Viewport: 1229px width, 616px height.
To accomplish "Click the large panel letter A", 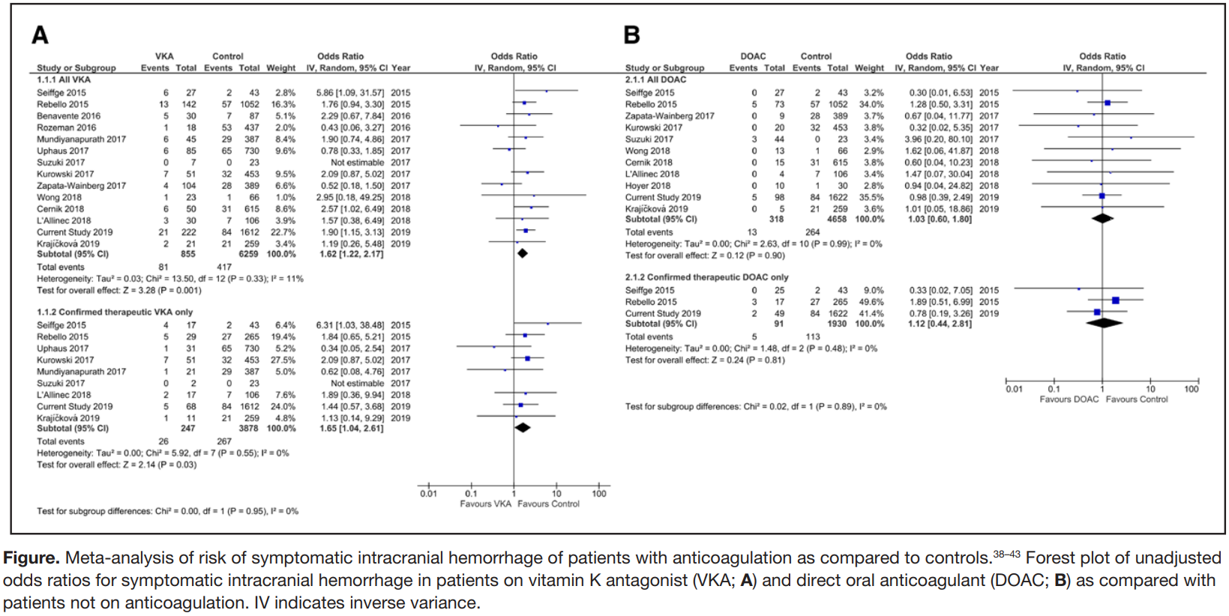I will [40, 34].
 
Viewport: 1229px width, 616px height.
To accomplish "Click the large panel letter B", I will [632, 34].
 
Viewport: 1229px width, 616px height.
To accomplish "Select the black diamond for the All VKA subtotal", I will [523, 253].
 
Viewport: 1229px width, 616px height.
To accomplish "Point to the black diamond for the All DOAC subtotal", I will [1102, 219].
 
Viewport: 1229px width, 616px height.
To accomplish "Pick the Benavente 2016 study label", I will [68, 116].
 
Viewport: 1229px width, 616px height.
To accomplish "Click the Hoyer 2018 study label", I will [648, 186].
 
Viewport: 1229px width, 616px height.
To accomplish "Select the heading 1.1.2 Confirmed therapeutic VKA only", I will [115, 312].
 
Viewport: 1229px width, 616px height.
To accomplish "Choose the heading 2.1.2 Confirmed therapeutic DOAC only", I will [706, 277].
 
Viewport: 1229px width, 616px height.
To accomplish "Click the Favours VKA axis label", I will [485, 504].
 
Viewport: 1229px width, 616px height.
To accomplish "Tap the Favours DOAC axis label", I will [1069, 399].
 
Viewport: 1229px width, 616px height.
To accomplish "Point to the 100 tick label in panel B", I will [1191, 389].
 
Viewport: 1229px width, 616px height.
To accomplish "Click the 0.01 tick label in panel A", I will [428, 494].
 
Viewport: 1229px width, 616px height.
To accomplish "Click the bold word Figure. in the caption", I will [31, 558].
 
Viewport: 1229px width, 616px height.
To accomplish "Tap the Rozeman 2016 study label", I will [67, 127].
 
